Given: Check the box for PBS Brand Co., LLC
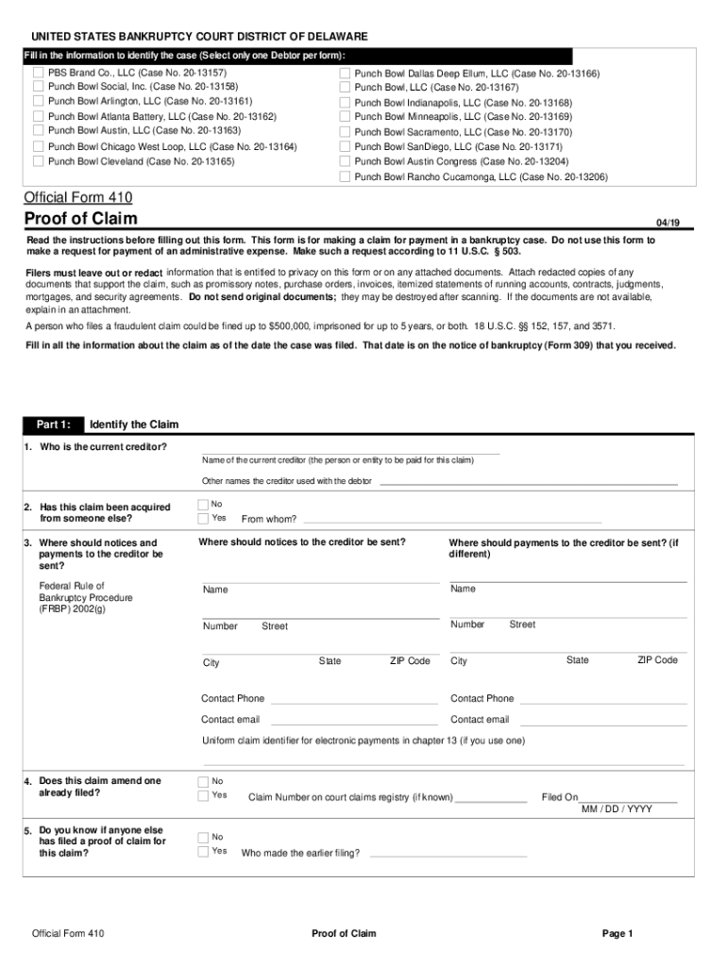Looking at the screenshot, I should [x=38, y=73].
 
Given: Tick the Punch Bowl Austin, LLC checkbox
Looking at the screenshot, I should [x=38, y=131].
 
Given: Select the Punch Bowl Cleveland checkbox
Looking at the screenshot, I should [x=38, y=161].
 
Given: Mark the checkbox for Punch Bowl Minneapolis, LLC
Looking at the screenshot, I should [x=345, y=117].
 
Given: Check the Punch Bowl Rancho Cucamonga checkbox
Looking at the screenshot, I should [x=345, y=176].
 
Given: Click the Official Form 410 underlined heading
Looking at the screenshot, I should [x=77, y=198].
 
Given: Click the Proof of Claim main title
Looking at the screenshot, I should [x=80, y=220].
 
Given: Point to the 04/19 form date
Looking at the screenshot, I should [x=668, y=223].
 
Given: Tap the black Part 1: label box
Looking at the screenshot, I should [x=53, y=425].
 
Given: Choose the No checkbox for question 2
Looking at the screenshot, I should [x=203, y=504].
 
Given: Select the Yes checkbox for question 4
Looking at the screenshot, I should [x=203, y=795].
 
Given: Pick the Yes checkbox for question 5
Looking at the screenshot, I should [x=203, y=851].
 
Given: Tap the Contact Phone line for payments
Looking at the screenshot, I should [x=603, y=700].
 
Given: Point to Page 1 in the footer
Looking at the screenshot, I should [x=617, y=934].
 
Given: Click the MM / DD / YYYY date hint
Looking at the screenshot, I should [x=617, y=809].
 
